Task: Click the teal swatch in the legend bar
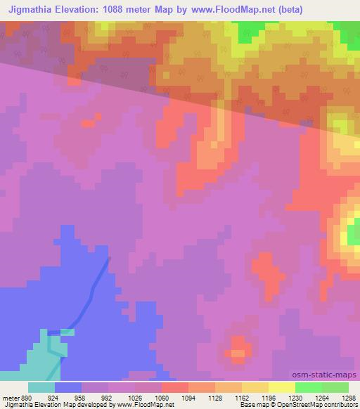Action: pyautogui.click(x=41, y=387)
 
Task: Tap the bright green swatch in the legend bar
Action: pyautogui.click(x=309, y=387)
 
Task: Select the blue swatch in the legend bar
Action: pyautogui.click(x=68, y=387)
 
